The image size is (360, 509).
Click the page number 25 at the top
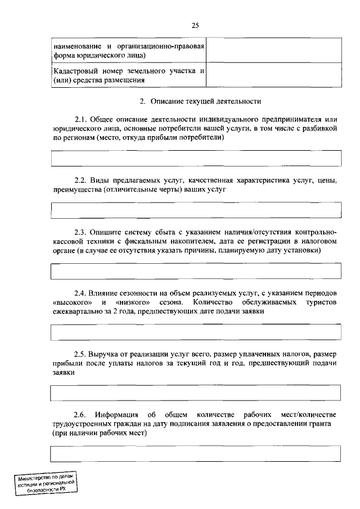pyautogui.click(x=195, y=25)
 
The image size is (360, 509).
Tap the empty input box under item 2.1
pyautogui.click(x=196, y=158)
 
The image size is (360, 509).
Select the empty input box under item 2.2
pyautogui.click(x=196, y=210)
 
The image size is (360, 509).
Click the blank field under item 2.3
pyautogui.click(x=196, y=271)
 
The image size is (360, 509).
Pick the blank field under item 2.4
pyautogui.click(x=196, y=332)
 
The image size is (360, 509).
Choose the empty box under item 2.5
pyautogui.click(x=196, y=393)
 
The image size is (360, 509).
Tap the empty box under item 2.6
pyautogui.click(x=196, y=453)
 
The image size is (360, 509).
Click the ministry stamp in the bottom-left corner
pyautogui.click(x=46, y=483)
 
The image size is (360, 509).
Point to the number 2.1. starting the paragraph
pyautogui.click(x=82, y=120)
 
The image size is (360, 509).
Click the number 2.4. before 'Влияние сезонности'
pyautogui.click(x=82, y=293)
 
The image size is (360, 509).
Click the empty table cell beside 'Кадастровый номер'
pyautogui.click(x=273, y=75)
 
